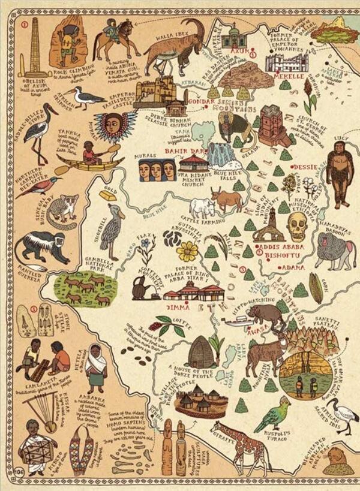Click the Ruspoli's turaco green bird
click(271, 414)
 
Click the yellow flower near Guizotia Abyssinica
click(187, 251)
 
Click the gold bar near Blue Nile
click(108, 195)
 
